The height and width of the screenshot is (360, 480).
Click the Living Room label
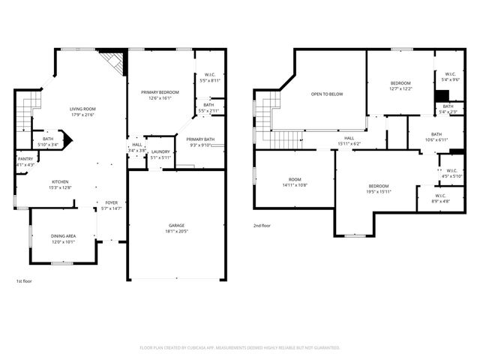[83, 109]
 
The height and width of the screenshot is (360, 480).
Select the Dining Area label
[63, 236]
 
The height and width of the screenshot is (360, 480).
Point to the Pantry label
[25, 159]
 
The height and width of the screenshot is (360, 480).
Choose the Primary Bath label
[200, 139]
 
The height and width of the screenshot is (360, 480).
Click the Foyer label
[111, 202]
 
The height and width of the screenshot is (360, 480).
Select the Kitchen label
[61, 182]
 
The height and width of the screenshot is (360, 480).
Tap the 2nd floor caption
[262, 225]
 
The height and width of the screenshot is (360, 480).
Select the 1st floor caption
[24, 280]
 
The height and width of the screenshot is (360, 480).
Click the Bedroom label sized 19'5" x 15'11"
[378, 186]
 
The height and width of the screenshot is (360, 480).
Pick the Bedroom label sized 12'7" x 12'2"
[400, 83]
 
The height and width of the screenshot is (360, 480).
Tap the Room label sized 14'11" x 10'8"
[295, 180]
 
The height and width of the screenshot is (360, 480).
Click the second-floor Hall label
[349, 138]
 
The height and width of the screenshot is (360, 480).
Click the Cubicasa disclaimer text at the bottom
[240, 348]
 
